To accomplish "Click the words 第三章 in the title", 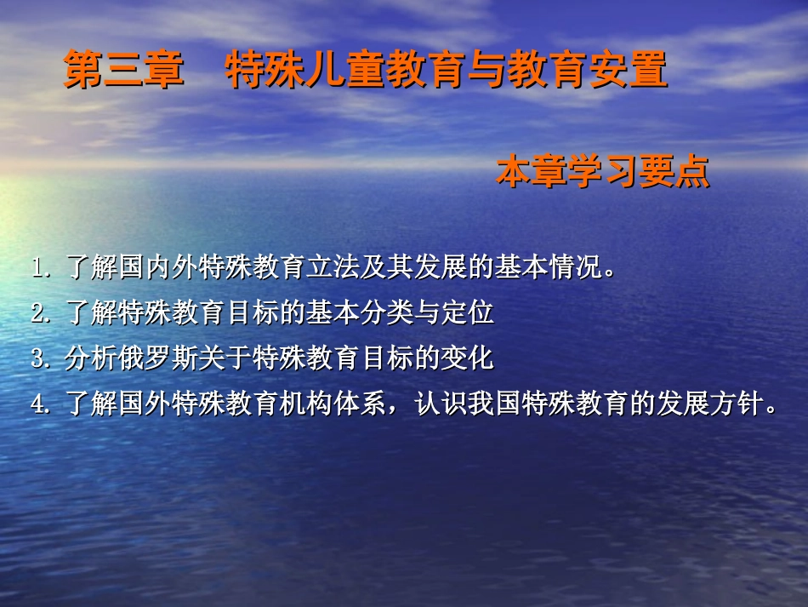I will coord(124,72).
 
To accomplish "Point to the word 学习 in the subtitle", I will coord(602,173).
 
